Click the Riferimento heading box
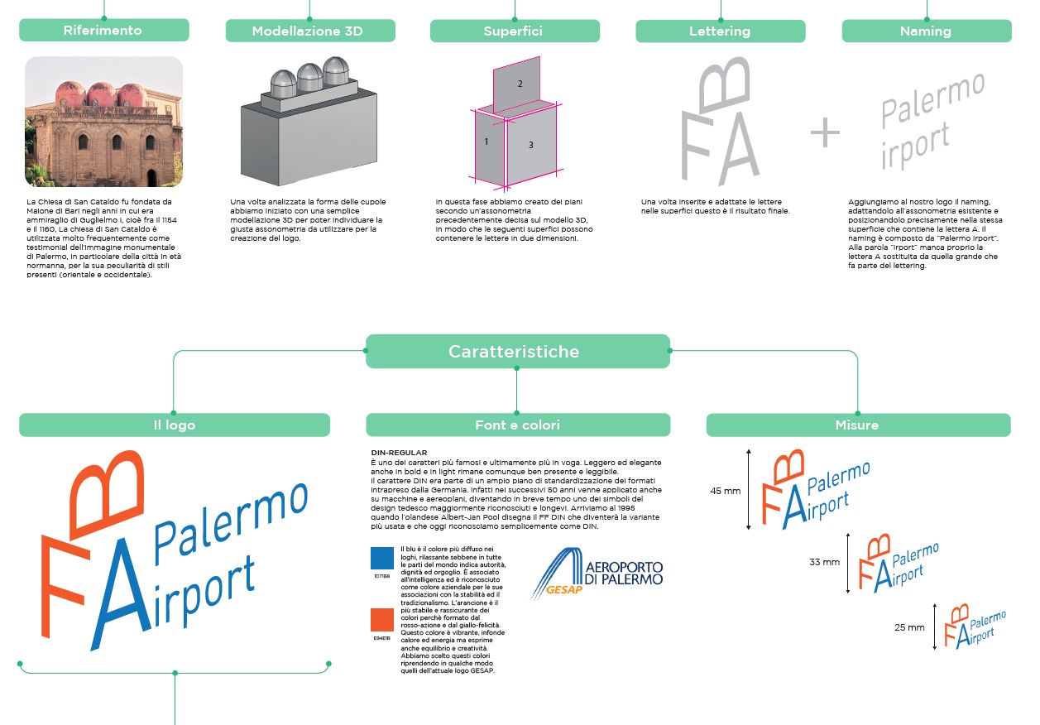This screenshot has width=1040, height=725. pyautogui.click(x=103, y=31)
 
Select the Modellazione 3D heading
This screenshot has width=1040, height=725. pyautogui.click(x=308, y=31)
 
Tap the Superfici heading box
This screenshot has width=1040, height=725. pyautogui.click(x=514, y=31)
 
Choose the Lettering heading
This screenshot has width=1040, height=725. pyautogui.click(x=720, y=31)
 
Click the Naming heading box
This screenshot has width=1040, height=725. pyautogui.click(x=926, y=31)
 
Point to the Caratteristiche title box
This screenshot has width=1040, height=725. pyautogui.click(x=516, y=352)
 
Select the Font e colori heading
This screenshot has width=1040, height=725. pyautogui.click(x=517, y=425)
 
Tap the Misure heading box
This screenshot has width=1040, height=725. pyautogui.click(x=857, y=425)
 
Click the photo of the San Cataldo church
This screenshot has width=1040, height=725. pyautogui.click(x=103, y=122)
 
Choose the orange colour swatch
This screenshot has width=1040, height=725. pyautogui.click(x=381, y=620)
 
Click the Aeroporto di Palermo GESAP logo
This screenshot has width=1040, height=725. pyautogui.click(x=597, y=572)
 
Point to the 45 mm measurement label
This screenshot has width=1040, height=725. pyautogui.click(x=726, y=491)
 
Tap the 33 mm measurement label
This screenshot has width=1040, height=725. pyautogui.click(x=824, y=563)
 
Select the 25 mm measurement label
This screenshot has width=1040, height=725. pyautogui.click(x=909, y=627)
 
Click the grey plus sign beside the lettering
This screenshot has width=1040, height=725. pyautogui.click(x=824, y=133)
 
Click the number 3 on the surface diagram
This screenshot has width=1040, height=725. pyautogui.click(x=530, y=146)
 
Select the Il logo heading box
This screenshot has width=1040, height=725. pyautogui.click(x=175, y=425)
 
